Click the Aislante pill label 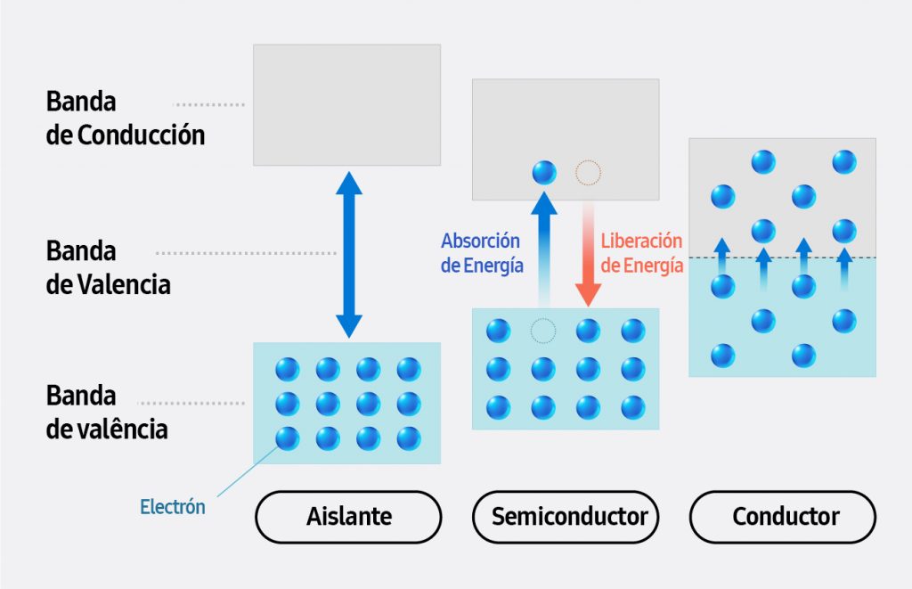[348, 517]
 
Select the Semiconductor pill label [570, 517]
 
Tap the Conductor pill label [783, 517]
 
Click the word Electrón [173, 507]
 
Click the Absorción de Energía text [480, 253]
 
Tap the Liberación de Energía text [642, 253]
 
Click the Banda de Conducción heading [125, 118]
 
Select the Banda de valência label [106, 412]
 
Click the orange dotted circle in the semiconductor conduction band [588, 173]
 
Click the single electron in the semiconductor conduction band [543, 173]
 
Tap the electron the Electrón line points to [287, 438]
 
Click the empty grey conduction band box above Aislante [346, 104]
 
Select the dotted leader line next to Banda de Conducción [208, 104]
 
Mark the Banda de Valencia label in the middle [107, 267]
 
